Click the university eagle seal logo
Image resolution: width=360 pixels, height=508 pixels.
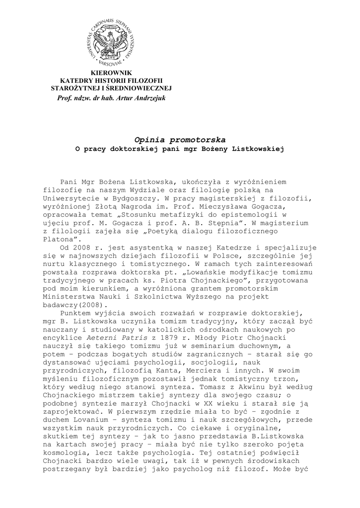[111, 42]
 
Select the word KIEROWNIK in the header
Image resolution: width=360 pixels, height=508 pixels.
[111, 73]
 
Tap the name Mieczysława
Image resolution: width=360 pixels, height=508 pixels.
[233, 206]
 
